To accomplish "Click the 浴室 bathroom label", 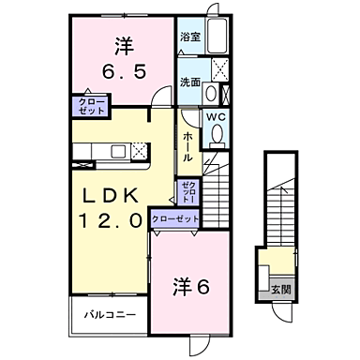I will [x=190, y=38].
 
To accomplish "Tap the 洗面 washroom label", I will [x=190, y=82].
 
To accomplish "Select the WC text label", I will [x=216, y=117].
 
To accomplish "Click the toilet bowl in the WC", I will [x=217, y=136].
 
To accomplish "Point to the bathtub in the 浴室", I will [x=217, y=37].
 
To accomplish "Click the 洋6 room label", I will [x=190, y=287].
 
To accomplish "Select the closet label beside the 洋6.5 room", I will [x=92, y=105].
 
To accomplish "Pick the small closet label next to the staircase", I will [x=187, y=193].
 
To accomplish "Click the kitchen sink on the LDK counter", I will [x=118, y=151].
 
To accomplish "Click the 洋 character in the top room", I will [x=123, y=43].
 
